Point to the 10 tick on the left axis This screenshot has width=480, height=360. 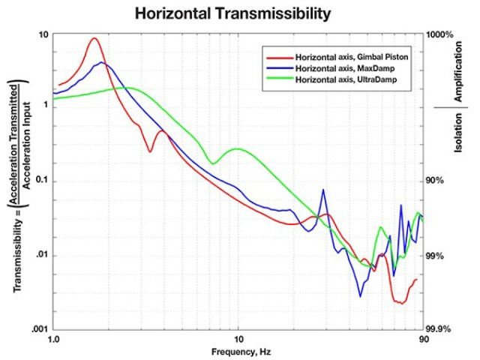click(x=43, y=35)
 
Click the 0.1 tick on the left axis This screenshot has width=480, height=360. click(x=41, y=181)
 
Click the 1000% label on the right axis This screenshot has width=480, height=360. click(x=440, y=35)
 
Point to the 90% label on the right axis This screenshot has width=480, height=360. click(x=436, y=181)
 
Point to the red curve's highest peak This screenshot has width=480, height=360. click(x=94, y=39)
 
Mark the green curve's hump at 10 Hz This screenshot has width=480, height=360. click(x=238, y=148)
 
